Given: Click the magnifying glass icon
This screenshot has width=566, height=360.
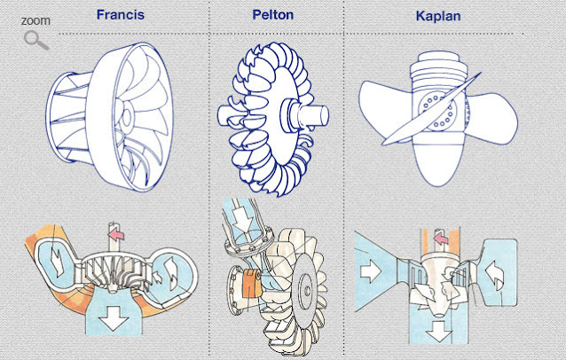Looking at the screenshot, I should tap(35, 40).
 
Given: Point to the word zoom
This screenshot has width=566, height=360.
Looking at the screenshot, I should tap(35, 20).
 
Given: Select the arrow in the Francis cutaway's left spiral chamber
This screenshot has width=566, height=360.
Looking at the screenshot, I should tap(55, 264).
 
